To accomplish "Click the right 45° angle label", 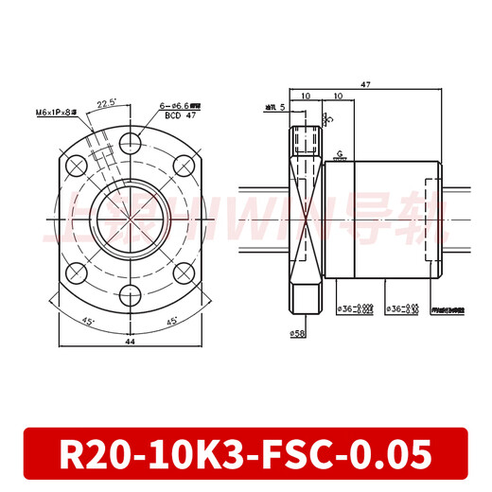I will tap(171, 321).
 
